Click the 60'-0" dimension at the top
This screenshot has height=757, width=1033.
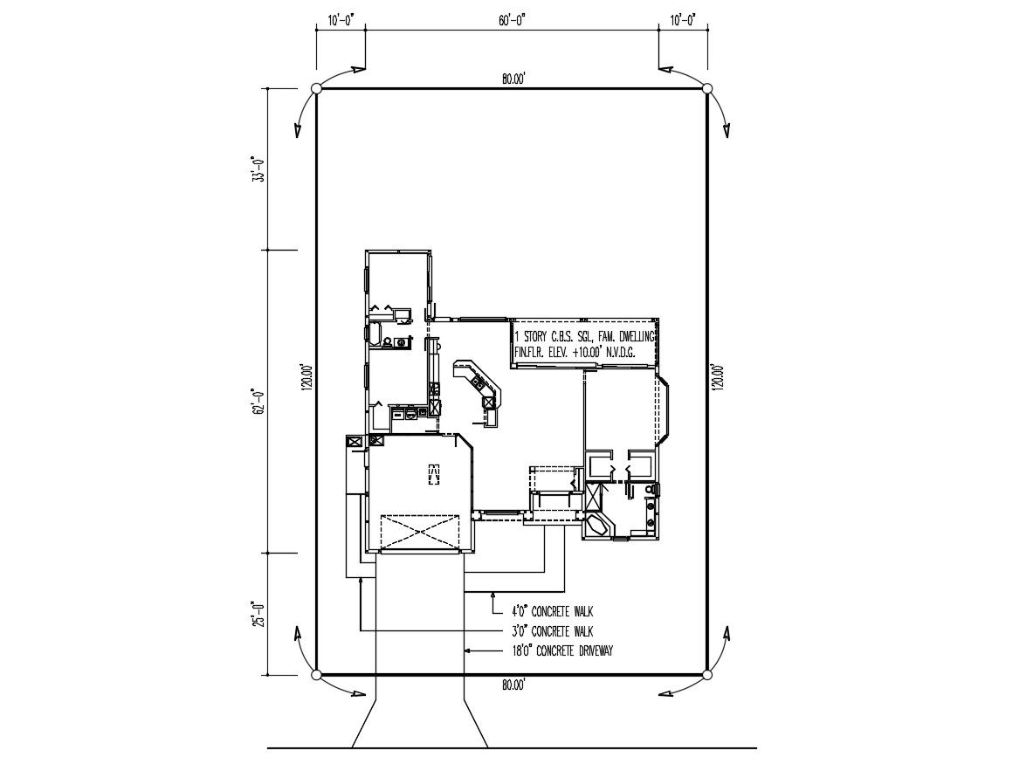pyautogui.click(x=512, y=19)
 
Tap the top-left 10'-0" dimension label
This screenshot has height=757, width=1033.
pyautogui.click(x=340, y=19)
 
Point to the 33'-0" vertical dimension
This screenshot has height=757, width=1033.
pyautogui.click(x=257, y=169)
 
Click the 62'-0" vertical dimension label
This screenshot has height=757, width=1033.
pyautogui.click(x=257, y=403)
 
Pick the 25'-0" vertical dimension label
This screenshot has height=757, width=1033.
pyautogui.click(x=257, y=613)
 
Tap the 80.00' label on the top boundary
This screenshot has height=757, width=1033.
pyautogui.click(x=513, y=79)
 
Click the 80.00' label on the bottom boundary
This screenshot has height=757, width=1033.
pyautogui.click(x=513, y=685)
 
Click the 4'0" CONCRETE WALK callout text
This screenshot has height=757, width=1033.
pyautogui.click(x=552, y=612)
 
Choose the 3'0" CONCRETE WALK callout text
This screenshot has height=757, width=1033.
pyautogui.click(x=552, y=631)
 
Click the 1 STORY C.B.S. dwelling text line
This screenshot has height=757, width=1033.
pyautogui.click(x=586, y=336)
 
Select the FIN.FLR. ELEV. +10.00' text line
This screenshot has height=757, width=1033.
pyautogui.click(x=574, y=352)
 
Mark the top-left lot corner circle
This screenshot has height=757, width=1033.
pyautogui.click(x=317, y=88)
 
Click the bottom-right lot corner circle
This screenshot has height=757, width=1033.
pyautogui.click(x=707, y=674)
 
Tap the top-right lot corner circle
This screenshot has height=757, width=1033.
pyautogui.click(x=707, y=88)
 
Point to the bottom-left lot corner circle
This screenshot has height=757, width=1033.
pyautogui.click(x=317, y=674)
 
